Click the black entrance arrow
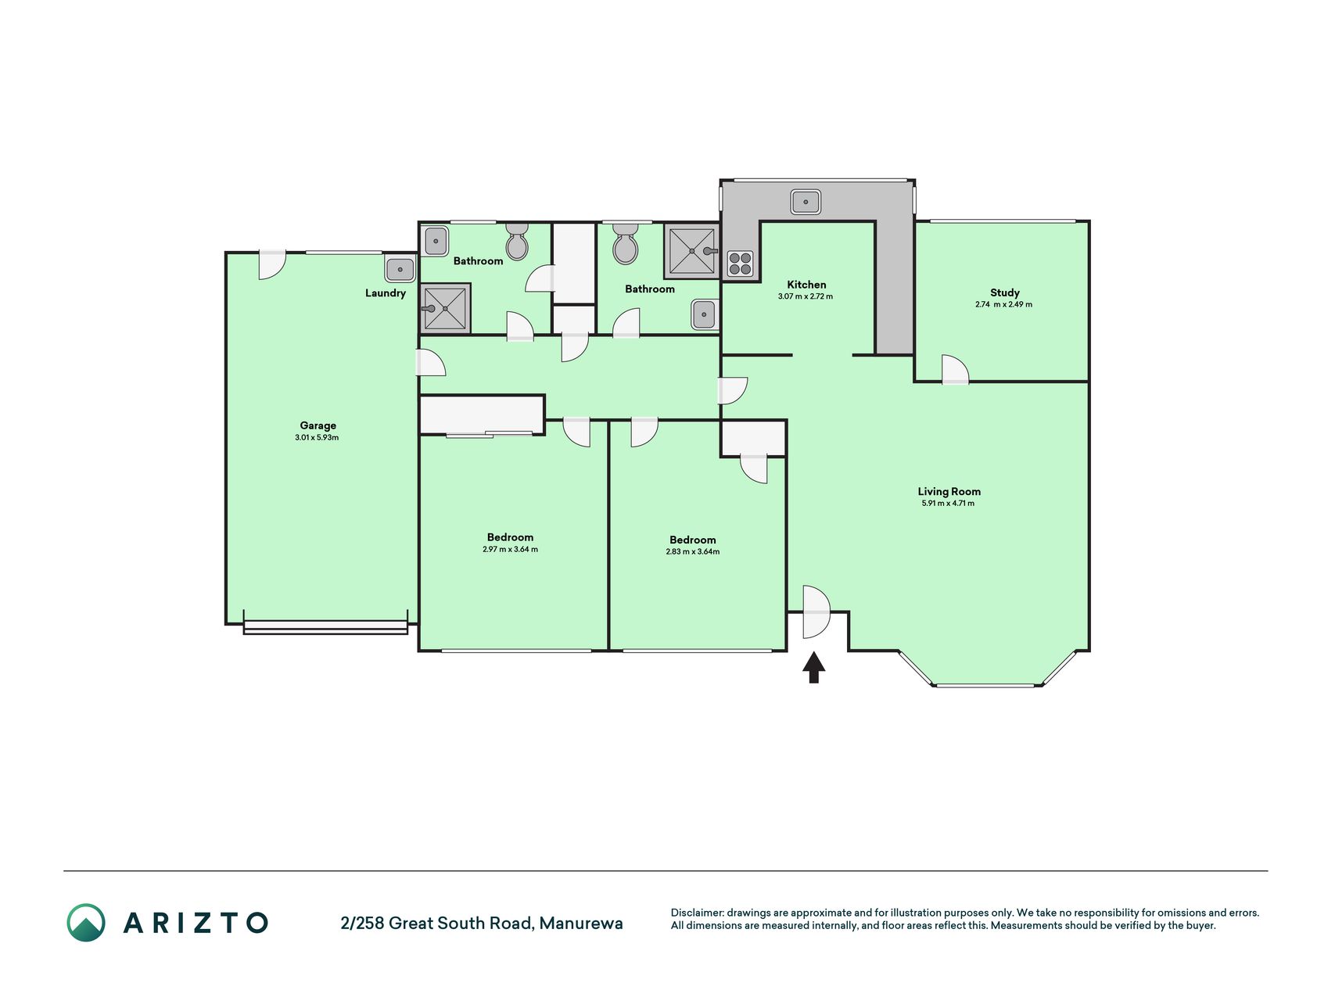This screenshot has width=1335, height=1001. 813,668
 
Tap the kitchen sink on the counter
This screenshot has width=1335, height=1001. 806,202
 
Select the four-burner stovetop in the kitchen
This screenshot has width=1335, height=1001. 740,264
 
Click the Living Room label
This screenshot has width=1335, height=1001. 949,492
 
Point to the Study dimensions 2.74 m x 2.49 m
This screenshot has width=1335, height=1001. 1003,304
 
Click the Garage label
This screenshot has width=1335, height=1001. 318,426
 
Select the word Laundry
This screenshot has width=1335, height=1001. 386,293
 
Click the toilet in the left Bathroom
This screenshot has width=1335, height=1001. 517,242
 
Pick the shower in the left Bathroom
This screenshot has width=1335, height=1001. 445,309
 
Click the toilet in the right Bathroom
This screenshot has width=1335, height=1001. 626,244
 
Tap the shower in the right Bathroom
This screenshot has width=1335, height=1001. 691,251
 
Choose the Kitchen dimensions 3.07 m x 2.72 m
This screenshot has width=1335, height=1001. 806,297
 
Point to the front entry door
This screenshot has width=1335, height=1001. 815,612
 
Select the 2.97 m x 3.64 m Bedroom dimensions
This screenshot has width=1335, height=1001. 510,550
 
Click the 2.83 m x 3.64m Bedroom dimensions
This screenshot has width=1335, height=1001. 693,552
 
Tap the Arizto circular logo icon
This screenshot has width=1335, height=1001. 86,923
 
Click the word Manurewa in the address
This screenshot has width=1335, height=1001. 581,924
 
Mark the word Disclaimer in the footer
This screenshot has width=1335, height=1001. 697,913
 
